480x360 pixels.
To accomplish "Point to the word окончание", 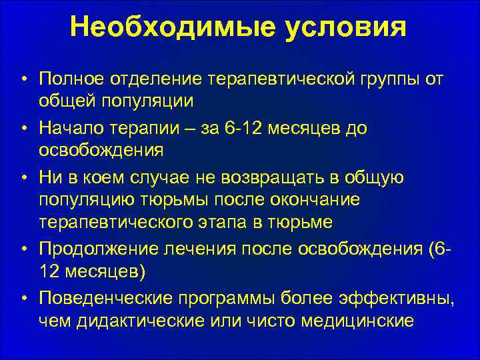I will pyautogui.click(x=320, y=200).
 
